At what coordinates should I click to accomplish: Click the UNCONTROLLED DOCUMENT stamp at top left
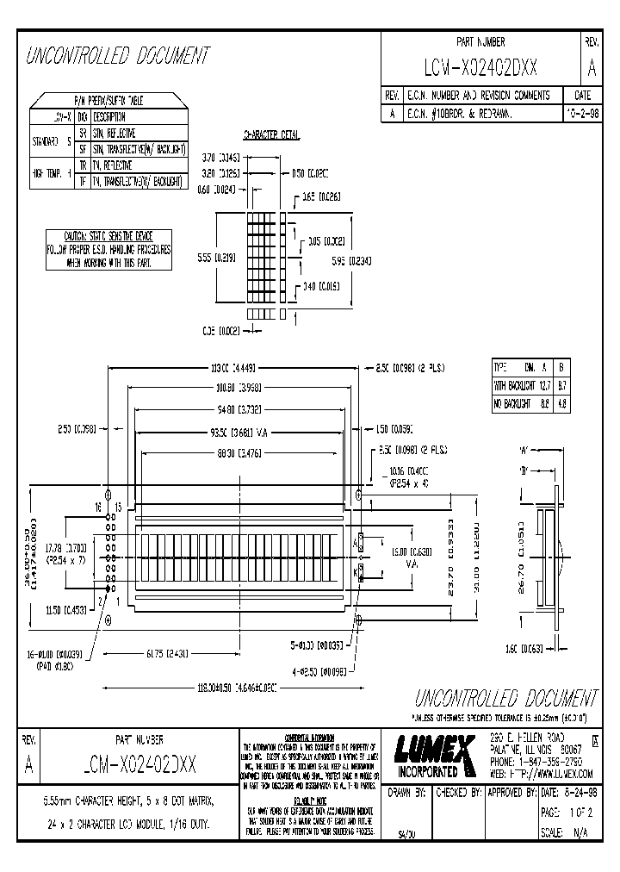119,57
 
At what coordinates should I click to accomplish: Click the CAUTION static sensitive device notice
108,251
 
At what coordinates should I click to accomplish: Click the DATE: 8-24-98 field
567,791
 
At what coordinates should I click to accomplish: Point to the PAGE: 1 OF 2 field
567,812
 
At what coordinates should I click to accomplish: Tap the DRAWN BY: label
407,791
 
